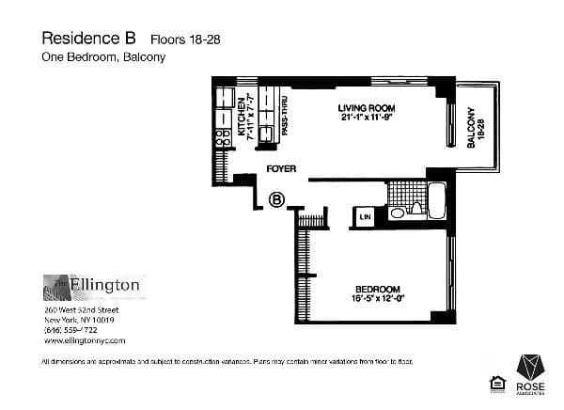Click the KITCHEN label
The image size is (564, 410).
[241, 118]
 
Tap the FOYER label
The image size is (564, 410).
[281, 169]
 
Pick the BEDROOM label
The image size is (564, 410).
[378, 289]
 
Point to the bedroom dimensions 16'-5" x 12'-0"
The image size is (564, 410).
[378, 299]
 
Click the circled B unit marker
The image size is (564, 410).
[277, 198]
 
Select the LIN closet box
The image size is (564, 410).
[364, 217]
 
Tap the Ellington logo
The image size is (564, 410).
[93, 285]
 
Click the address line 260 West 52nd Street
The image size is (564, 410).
[81, 308]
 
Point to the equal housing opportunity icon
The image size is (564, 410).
[495, 381]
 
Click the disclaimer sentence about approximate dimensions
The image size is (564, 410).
[227, 361]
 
